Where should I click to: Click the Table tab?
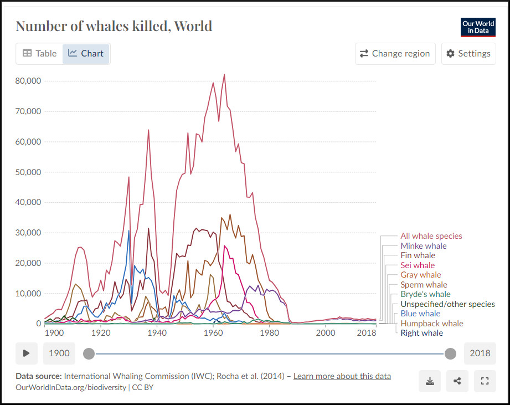(x=39, y=54)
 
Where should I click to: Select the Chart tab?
(x=86, y=54)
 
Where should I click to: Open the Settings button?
(x=468, y=54)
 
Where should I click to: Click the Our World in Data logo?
(x=478, y=27)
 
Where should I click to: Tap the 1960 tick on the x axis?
(x=213, y=333)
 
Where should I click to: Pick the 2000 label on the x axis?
(x=326, y=333)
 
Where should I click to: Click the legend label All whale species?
(x=431, y=236)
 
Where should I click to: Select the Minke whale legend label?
(x=423, y=246)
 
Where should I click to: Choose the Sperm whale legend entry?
(x=424, y=285)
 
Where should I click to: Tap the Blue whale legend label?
(x=420, y=314)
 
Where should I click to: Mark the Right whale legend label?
(x=421, y=333)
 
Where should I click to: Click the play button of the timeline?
(x=27, y=353)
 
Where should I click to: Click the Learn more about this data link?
(x=342, y=376)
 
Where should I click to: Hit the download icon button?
(x=430, y=381)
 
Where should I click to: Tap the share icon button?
(x=457, y=381)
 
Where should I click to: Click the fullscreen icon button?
(x=485, y=381)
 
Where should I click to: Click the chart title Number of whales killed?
(x=114, y=26)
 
